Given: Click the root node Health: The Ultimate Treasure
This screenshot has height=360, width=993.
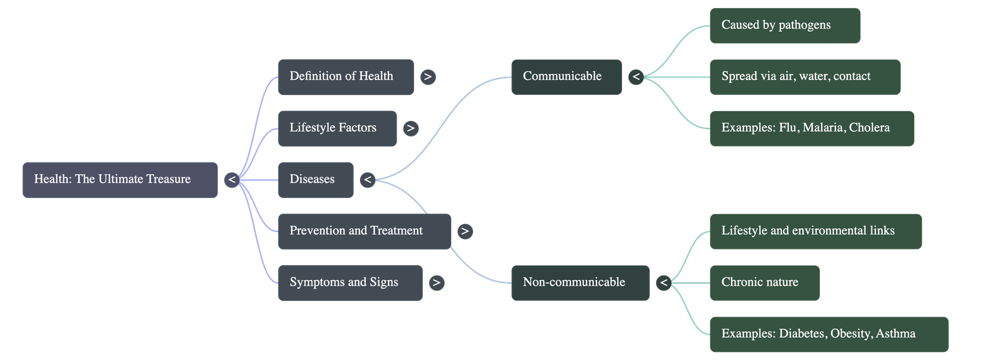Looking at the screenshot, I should (120, 180).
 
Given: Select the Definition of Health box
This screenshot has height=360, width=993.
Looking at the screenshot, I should (345, 77).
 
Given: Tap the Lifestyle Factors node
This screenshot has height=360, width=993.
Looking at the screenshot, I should (336, 128).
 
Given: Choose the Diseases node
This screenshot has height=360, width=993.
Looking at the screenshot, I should (315, 180).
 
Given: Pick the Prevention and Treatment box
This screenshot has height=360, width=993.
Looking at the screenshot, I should (364, 232).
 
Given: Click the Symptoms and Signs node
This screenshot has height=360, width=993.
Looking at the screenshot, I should (349, 283).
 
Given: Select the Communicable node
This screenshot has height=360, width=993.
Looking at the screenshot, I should (566, 77).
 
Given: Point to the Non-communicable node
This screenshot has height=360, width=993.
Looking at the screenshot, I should (580, 283).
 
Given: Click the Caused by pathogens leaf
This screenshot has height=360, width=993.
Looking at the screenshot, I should (784, 25).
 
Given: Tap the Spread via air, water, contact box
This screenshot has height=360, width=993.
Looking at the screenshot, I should (805, 77).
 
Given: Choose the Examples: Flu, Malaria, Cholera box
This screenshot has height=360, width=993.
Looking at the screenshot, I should (812, 128).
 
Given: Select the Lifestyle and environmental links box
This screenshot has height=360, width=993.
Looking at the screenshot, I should (816, 232).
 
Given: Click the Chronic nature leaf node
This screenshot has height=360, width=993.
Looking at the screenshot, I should (764, 283).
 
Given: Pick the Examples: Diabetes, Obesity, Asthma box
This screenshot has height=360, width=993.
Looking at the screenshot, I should (829, 335).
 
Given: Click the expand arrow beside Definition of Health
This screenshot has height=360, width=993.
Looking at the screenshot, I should (428, 77).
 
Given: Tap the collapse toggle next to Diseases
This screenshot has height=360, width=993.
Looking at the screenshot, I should (367, 180).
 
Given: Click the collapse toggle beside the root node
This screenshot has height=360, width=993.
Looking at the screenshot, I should (231, 180).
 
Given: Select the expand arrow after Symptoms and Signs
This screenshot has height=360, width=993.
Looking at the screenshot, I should (436, 283).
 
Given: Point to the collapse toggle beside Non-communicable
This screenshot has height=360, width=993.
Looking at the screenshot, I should (663, 283).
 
